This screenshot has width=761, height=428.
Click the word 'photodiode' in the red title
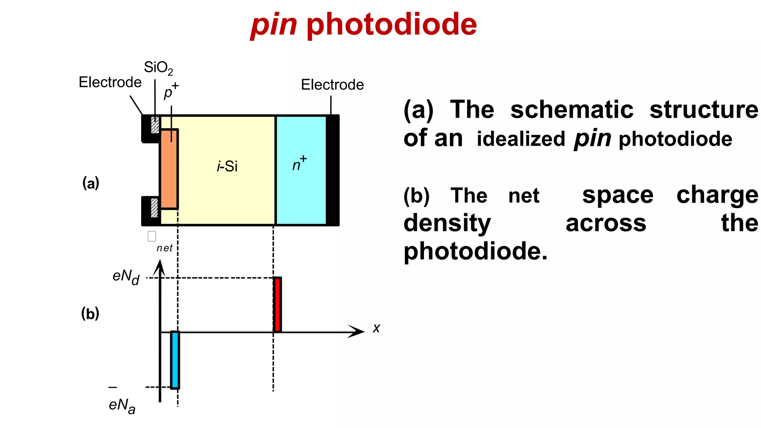pos(392,25)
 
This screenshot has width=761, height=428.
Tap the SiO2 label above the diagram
pos(158,68)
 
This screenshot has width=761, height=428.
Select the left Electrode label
pos(110,82)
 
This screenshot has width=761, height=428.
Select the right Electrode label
pos(332,85)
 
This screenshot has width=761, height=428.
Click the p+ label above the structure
pos(171,91)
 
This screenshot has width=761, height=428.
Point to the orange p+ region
pos(169,169)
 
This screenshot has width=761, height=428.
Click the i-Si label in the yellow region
pos(227,166)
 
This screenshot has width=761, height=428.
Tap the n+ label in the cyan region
pos(299,164)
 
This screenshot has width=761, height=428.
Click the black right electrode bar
pos(333,170)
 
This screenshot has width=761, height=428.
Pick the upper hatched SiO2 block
pos(155,125)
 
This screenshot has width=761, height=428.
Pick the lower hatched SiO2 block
pos(154,208)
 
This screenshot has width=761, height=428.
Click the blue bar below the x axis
pos(175,360)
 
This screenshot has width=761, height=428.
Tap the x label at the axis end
pos(376,328)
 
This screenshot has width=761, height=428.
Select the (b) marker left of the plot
pos(90,314)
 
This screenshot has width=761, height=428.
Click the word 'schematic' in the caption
pos(571,110)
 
